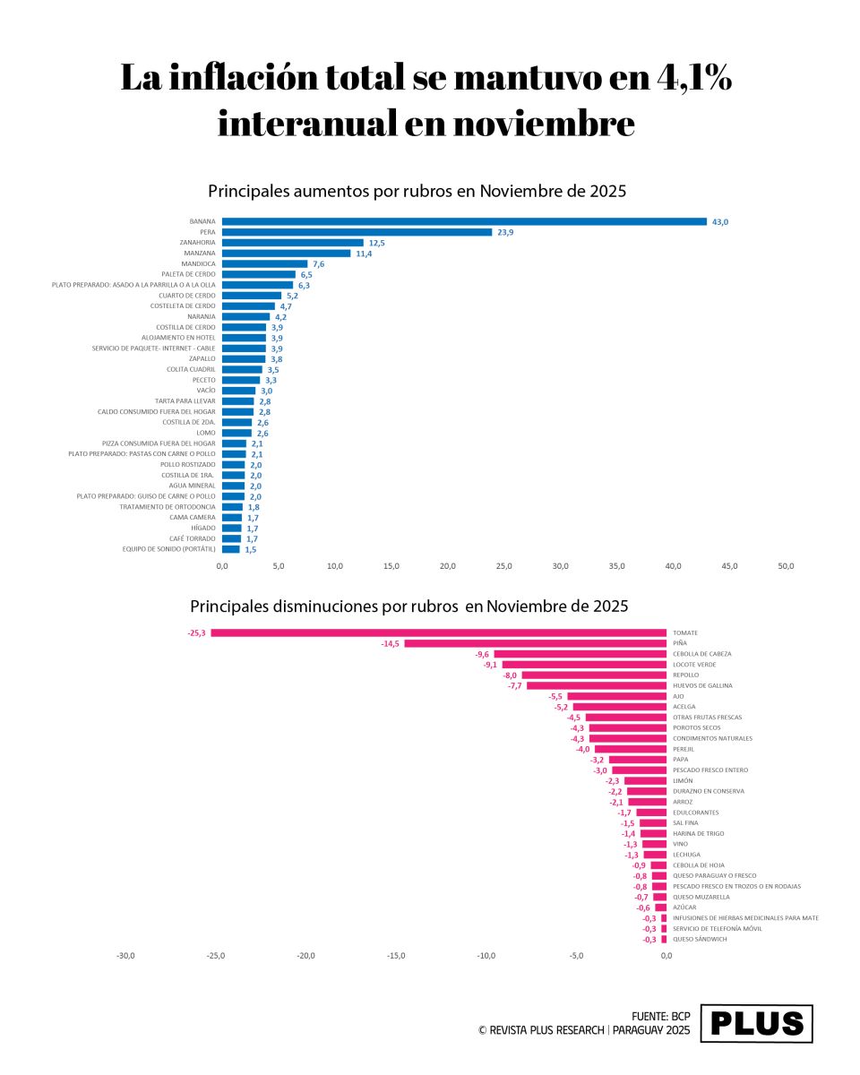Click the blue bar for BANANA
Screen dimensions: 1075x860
pos(464,221)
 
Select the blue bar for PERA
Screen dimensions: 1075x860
pos(357,232)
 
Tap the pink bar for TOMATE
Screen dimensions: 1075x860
pos(438,632)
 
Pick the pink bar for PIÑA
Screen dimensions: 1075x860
pos(535,643)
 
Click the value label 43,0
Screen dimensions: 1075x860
pos(720,221)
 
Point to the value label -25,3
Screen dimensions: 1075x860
pos(196,632)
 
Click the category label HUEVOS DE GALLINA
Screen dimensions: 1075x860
pos(702,685)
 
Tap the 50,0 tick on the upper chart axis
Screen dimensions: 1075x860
pos(786,566)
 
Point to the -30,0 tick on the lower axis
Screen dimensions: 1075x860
pos(125,956)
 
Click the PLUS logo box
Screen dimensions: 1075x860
pos(756,1023)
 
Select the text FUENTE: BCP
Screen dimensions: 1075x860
pos(661,1017)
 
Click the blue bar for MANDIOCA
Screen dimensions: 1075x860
pos(264,263)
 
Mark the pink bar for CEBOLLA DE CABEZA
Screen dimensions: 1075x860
pos(580,654)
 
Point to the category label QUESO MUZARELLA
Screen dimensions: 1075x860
pos(701,897)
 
